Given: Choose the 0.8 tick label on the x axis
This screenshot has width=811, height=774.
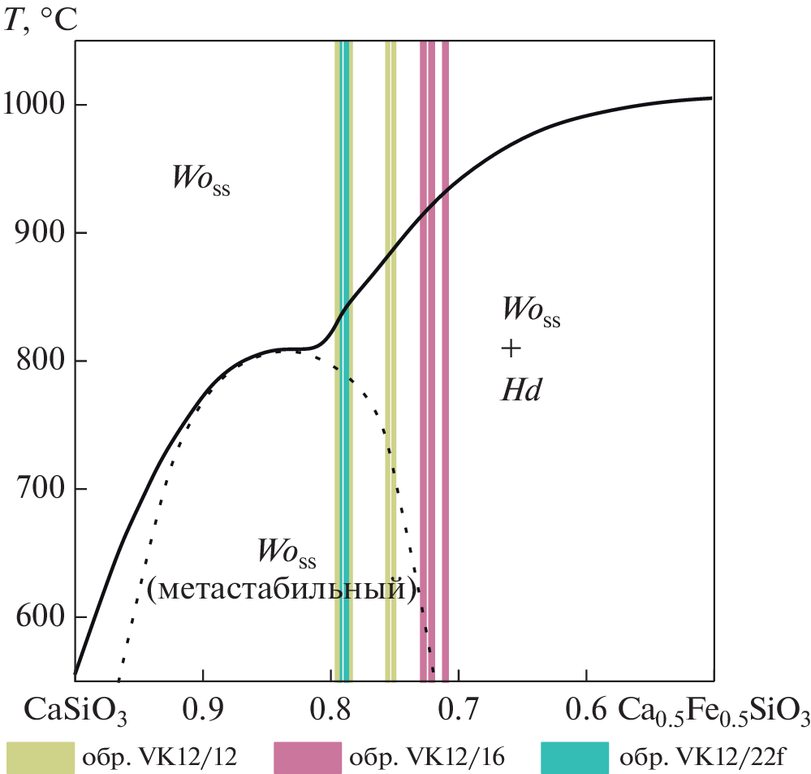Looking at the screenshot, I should tap(331, 709).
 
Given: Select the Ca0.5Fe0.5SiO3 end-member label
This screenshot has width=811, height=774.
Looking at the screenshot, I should tap(714, 711).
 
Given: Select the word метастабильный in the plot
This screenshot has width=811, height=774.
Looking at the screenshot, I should tap(283, 588).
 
